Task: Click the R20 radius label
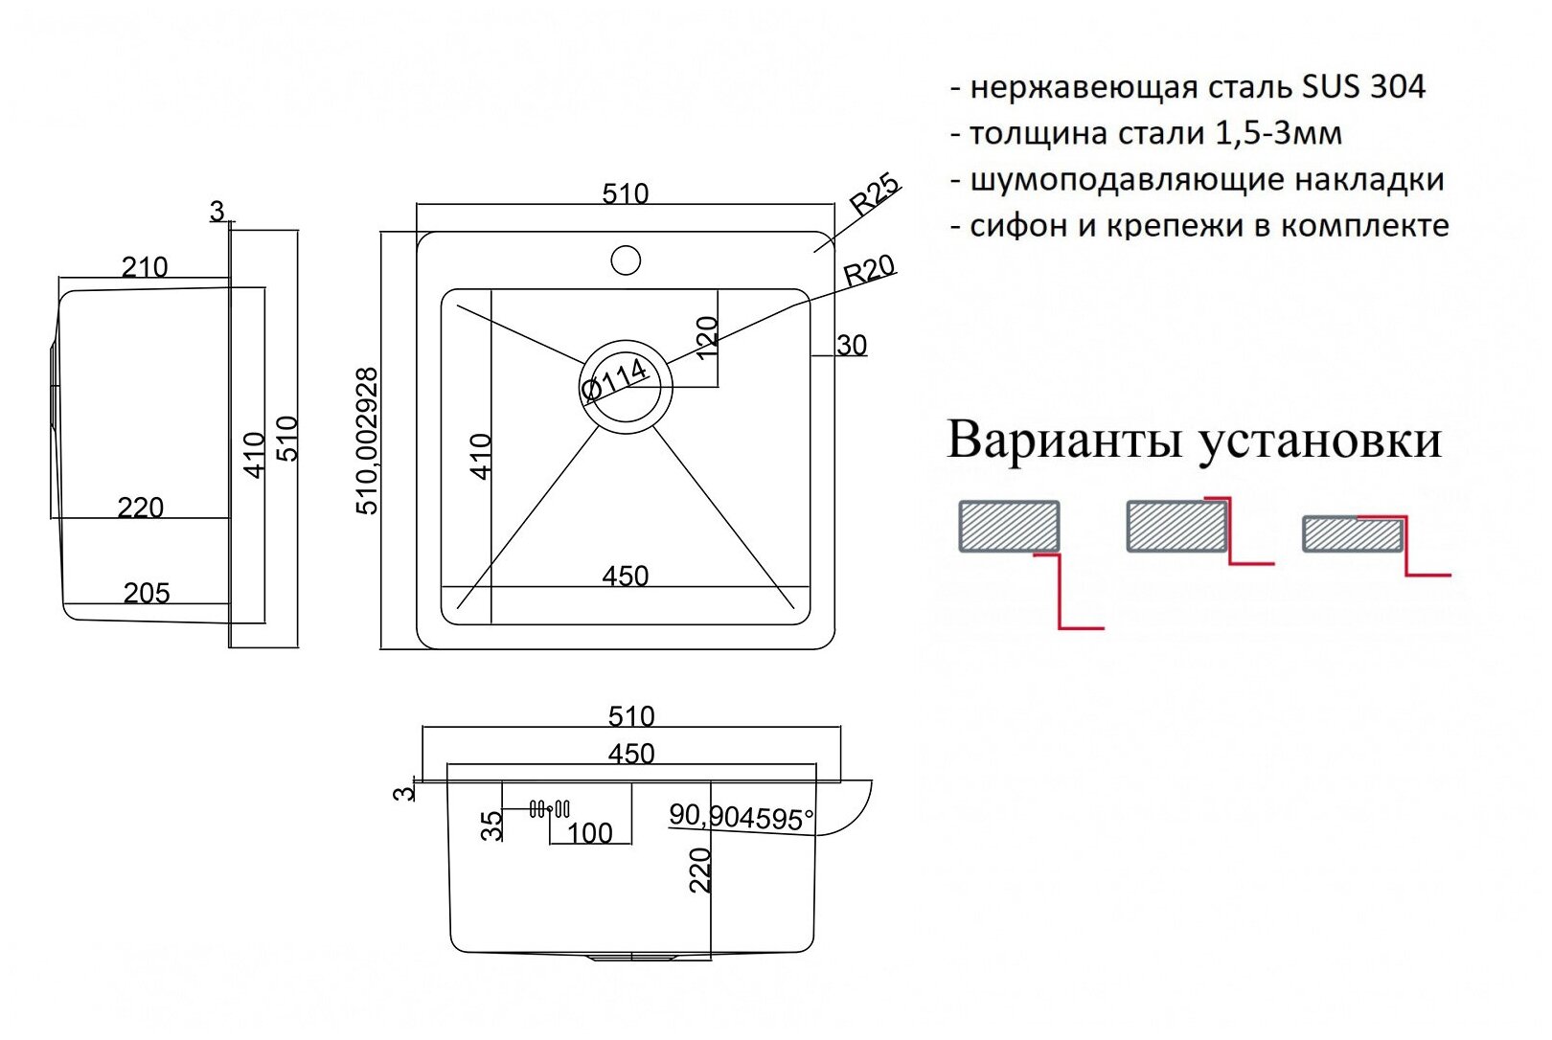(x=869, y=270)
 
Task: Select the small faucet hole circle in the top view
(x=626, y=259)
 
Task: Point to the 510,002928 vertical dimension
(x=368, y=441)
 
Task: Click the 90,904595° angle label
(x=741, y=817)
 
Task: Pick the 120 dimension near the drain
(x=706, y=337)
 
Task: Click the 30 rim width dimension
(x=852, y=345)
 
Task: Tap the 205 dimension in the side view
(x=147, y=594)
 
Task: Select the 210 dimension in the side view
(x=145, y=267)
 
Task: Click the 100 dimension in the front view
(x=589, y=833)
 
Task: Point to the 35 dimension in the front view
(x=491, y=825)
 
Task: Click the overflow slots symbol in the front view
(x=550, y=809)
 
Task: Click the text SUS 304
(x=1363, y=87)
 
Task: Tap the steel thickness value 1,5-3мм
(x=1278, y=133)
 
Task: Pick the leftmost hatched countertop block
(x=1009, y=526)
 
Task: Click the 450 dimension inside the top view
(x=626, y=576)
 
